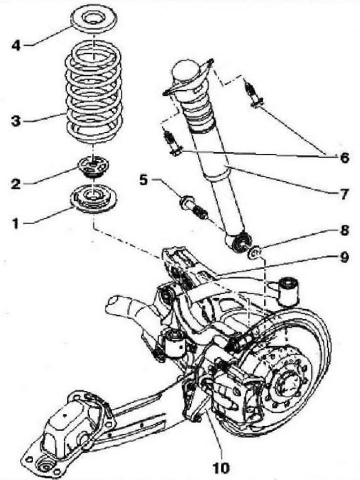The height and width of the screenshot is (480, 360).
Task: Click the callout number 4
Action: pos(17,44)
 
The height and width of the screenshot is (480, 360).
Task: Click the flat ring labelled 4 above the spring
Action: pos(94,25)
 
